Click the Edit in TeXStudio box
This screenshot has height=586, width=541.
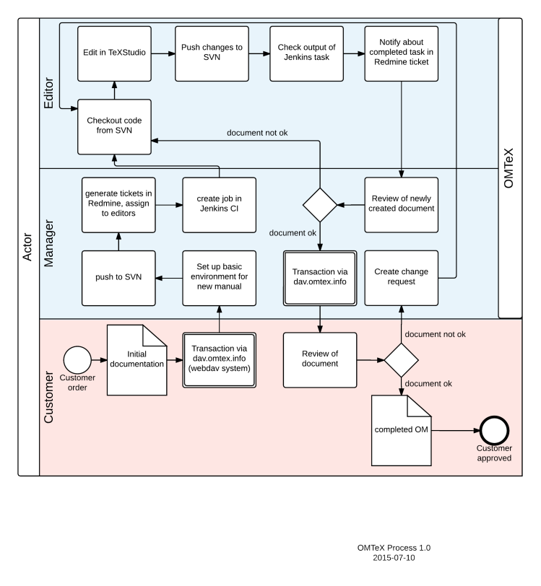point(115,53)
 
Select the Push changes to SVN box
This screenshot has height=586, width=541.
point(212,53)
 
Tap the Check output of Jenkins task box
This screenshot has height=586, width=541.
point(306,53)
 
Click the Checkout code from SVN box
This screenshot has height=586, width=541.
point(115,127)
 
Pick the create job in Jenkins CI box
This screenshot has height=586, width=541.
point(220,205)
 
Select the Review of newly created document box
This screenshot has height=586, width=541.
point(402,205)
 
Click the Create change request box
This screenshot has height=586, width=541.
point(402,278)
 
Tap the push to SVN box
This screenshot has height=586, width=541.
point(118,278)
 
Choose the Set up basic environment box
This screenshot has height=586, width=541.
point(220,278)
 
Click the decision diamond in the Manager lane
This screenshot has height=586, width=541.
point(320,205)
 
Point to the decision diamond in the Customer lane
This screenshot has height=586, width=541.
point(402,360)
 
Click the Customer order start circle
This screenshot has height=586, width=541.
point(77,360)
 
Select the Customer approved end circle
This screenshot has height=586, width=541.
point(495,431)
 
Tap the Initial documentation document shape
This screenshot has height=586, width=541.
point(137,360)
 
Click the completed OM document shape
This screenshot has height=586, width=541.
point(402,431)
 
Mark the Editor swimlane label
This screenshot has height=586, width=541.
point(49,93)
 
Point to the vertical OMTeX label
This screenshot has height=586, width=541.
point(508,168)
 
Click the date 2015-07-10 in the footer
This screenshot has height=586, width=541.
point(394,558)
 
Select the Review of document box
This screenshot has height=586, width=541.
point(320,360)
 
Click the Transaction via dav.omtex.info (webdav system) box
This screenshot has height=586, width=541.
point(220,360)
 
